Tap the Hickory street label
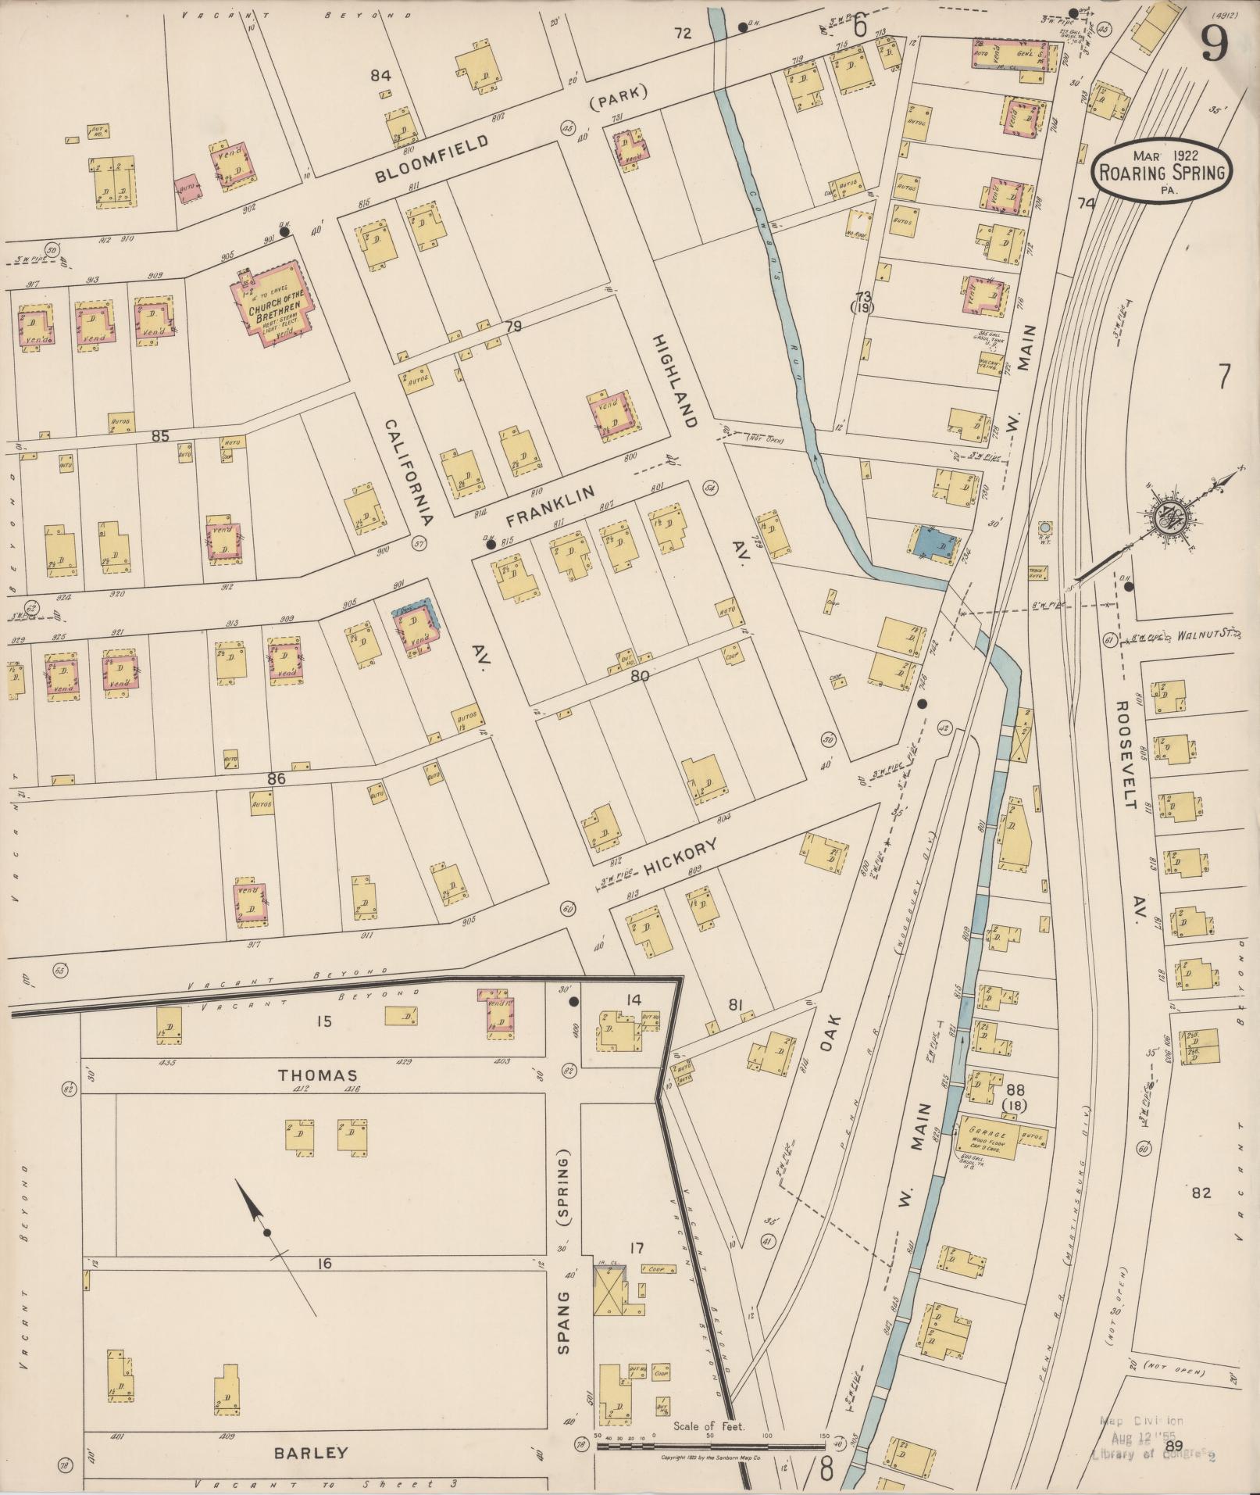pos(680,857)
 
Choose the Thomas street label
pos(312,1075)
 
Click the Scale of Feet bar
pos(711,1446)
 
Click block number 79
pos(512,327)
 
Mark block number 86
pos(276,778)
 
